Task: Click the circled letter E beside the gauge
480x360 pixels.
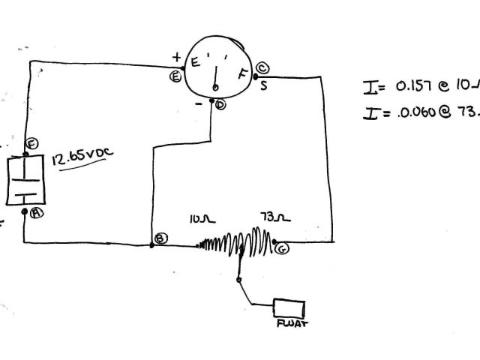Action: click(175, 76)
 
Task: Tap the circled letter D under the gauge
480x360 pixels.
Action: click(220, 105)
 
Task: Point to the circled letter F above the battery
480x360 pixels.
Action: click(31, 144)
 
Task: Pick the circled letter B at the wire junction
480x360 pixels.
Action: click(160, 238)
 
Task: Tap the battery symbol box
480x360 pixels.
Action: click(25, 181)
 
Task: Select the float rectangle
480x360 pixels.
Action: click(289, 308)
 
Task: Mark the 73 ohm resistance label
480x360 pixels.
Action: click(271, 219)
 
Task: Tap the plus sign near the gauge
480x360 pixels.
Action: click(177, 56)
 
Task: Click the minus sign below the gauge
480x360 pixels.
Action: click(199, 105)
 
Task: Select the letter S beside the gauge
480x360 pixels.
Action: click(264, 84)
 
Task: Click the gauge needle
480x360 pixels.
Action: click(215, 80)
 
